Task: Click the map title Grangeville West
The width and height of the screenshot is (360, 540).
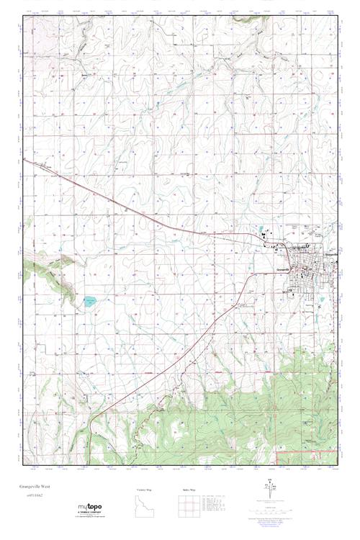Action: [x=42, y=486]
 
